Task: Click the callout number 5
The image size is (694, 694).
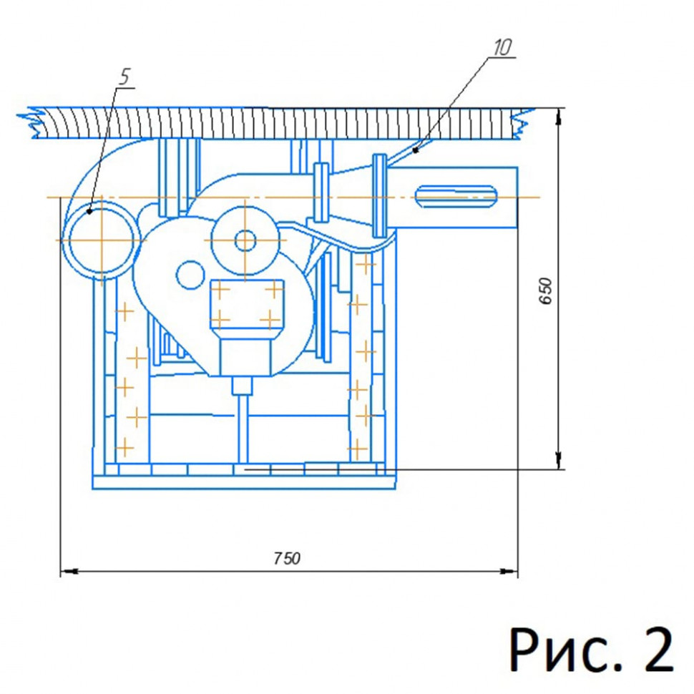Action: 124,77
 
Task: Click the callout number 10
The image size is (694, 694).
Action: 503,47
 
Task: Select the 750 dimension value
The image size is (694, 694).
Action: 287,558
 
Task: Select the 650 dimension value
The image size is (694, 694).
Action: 546,290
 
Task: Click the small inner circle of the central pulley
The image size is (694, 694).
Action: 245,241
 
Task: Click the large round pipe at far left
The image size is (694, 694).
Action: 102,240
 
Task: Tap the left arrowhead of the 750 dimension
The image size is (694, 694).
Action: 69,572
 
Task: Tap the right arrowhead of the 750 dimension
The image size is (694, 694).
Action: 509,572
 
